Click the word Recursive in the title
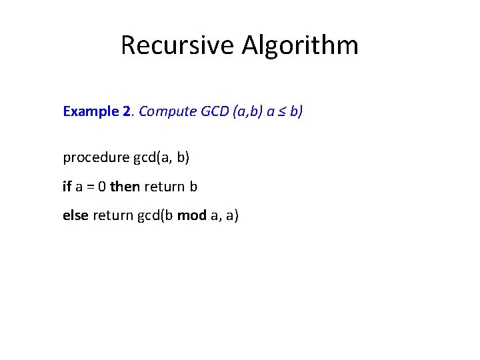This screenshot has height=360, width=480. pos(177,45)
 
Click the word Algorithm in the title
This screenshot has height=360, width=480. pos(300,45)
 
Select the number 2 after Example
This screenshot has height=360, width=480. pos(127,111)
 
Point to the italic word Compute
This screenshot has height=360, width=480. pos(167,111)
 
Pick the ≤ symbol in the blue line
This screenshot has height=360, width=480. pos(281,111)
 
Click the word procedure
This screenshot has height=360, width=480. pos(96,157)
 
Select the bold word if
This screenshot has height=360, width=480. pos(67,187)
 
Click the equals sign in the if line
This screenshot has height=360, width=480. pos(88,187)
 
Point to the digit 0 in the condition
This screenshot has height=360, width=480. pos(101,187)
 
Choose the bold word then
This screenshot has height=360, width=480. pos(125,187)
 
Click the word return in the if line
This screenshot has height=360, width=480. pos(164,187)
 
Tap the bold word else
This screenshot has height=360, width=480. pos(75,215)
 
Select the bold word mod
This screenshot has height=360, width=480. pos(191,215)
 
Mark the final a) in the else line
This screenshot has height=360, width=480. pos(233,215)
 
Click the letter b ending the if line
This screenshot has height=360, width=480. pos(193,187)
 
